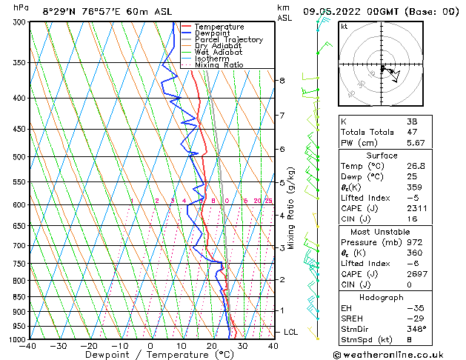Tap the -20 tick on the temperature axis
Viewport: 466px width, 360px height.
coord(88,346)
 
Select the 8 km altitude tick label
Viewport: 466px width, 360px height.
coord(282,80)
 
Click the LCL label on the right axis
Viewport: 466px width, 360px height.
coord(290,333)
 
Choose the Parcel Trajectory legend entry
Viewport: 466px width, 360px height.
coord(228,40)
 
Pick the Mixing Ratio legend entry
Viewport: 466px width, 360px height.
coord(220,65)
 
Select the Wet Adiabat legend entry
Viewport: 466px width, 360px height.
coord(219,53)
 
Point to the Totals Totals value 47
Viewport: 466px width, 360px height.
coord(412,132)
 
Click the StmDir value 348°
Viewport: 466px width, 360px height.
coord(416,329)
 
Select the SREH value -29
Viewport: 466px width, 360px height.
coord(413,318)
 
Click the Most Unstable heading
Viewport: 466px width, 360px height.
coord(382,232)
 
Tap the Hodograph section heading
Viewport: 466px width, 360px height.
coord(382,297)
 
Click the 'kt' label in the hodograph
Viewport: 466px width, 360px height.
coord(344,27)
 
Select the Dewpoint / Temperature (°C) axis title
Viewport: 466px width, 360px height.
coord(150,356)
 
